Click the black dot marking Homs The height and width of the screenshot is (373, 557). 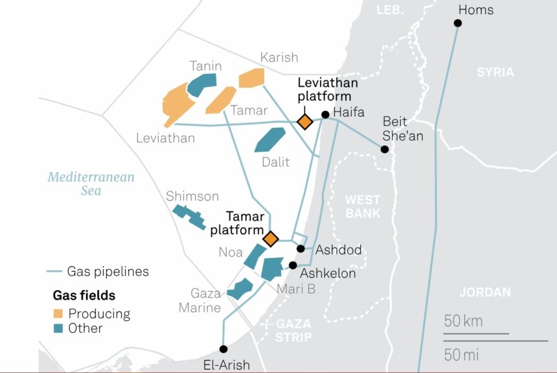[x=458, y=23]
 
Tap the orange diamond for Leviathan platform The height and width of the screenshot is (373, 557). [x=304, y=121]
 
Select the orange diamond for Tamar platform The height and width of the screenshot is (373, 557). [x=270, y=239]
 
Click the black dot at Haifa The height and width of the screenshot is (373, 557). [x=325, y=115]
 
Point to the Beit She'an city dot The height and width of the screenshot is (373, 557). [x=385, y=149]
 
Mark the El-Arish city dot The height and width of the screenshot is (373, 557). [x=223, y=348]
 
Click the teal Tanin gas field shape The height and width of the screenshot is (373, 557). [x=201, y=84]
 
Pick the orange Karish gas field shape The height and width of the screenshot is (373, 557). [x=252, y=78]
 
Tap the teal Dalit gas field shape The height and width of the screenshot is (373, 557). [x=269, y=139]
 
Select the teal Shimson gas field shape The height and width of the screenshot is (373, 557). [x=189, y=217]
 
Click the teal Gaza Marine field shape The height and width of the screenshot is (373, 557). [x=240, y=289]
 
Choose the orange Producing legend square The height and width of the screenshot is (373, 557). [x=58, y=314]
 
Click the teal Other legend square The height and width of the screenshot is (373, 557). [x=58, y=329]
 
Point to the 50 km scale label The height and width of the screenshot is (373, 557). [x=464, y=320]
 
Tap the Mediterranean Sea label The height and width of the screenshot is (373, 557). [x=91, y=184]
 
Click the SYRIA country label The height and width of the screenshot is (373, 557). [x=495, y=72]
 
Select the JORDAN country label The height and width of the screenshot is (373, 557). [x=485, y=293]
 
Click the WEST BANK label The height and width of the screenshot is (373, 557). [x=363, y=206]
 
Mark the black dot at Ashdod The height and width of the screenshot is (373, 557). [x=301, y=248]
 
